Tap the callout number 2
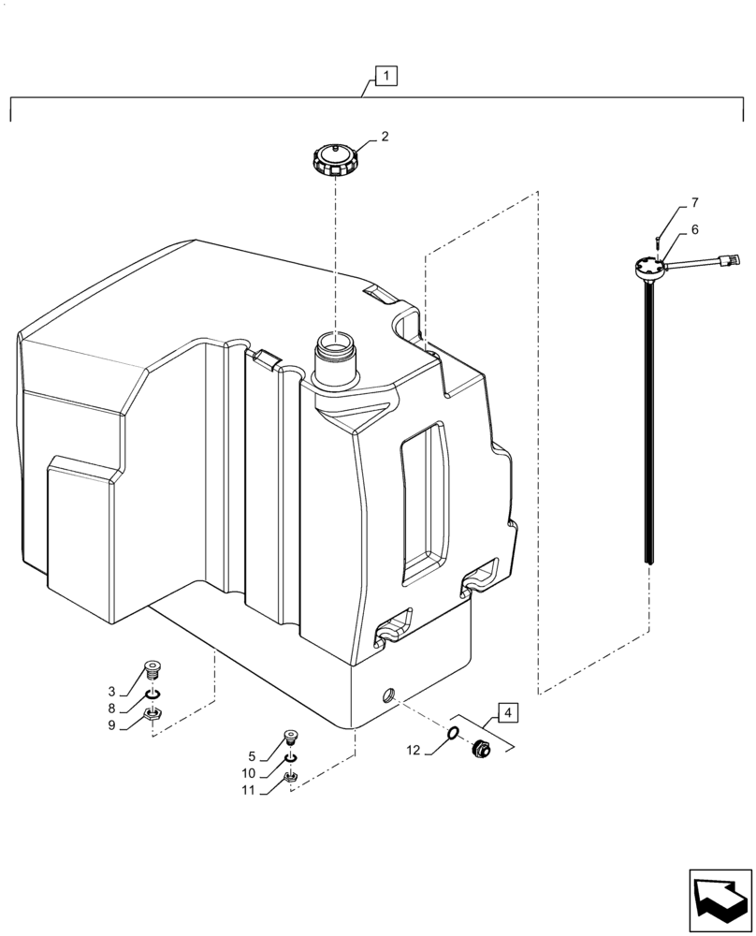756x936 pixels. (x=385, y=137)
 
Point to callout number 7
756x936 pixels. (x=694, y=202)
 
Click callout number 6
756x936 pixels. (x=694, y=229)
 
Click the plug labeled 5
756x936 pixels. (x=291, y=737)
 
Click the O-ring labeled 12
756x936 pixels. (x=452, y=734)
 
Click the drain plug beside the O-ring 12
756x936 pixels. (x=484, y=747)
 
